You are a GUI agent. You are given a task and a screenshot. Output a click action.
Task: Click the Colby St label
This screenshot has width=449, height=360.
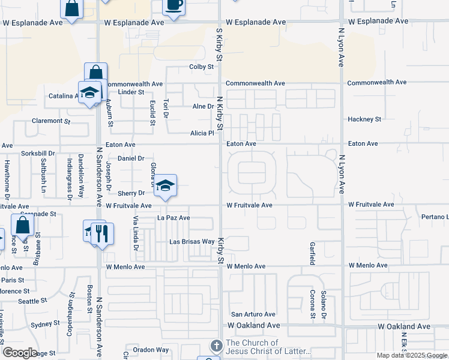pos(202,67)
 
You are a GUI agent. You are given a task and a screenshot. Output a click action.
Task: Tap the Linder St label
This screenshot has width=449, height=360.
pos(131,92)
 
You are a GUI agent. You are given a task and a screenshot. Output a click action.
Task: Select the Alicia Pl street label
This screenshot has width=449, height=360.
pos(202,133)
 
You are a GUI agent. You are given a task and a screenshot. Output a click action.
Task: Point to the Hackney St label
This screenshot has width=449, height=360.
pos(364,119)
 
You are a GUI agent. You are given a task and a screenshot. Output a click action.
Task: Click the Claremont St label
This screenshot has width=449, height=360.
pos(51,121)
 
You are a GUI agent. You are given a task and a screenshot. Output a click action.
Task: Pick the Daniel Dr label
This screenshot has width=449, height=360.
pos(131,158)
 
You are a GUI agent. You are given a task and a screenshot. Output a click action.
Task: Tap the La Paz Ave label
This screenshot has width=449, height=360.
pos(173,218)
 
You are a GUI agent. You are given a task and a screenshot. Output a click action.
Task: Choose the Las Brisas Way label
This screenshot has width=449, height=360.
pos(191,242)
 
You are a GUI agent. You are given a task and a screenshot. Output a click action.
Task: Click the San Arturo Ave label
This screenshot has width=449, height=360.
pos(253,314)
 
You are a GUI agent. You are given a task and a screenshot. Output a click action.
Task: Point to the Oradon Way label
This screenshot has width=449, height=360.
pos(151,350)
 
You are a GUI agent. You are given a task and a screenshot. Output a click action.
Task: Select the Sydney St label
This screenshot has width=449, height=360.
pos(43,324)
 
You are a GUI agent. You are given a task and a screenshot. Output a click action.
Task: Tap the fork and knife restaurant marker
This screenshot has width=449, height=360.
pos(102,233)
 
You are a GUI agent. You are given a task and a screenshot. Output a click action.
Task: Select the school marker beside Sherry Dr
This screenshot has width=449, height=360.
pos(165,185)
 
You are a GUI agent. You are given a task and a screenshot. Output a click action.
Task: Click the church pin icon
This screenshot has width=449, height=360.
pos(216,346)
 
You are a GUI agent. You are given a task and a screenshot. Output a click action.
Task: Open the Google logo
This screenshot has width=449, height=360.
pos(19,353)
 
